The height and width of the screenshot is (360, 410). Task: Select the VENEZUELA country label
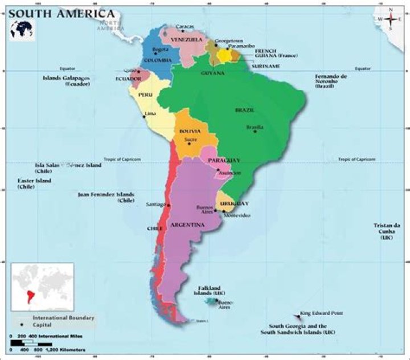point(187,40)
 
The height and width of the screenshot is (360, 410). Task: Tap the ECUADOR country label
point(128,78)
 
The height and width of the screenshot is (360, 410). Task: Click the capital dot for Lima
point(144,117)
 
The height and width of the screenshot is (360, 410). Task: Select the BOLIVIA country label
point(190,131)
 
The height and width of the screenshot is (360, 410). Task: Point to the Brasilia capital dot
point(255,132)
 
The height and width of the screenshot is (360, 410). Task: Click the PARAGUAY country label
point(224,161)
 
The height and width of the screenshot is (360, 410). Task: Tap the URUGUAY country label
point(234,203)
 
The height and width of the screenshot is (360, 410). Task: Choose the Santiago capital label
point(155,204)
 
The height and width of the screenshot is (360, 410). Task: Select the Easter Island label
point(34,183)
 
